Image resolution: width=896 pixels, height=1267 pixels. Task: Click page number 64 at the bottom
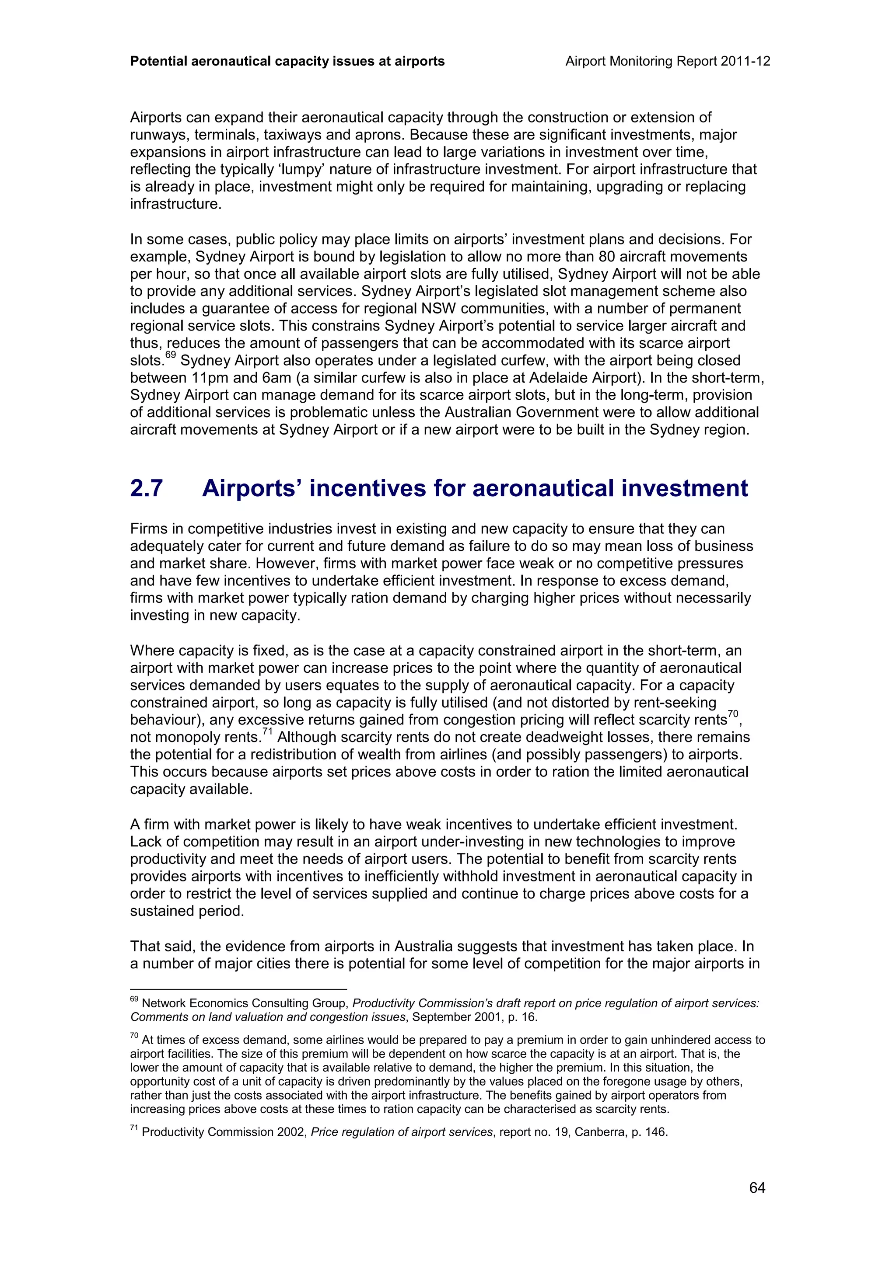(757, 1187)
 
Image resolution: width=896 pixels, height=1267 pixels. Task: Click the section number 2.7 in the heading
(146, 488)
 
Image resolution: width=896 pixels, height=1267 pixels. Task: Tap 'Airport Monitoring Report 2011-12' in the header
(668, 61)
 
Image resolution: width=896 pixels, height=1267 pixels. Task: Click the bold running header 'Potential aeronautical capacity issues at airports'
(287, 61)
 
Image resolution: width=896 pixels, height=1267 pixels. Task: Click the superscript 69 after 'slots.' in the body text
(170, 356)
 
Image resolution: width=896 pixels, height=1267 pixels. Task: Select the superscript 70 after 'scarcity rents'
(732, 714)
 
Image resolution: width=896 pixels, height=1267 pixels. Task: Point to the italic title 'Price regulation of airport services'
(401, 1132)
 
